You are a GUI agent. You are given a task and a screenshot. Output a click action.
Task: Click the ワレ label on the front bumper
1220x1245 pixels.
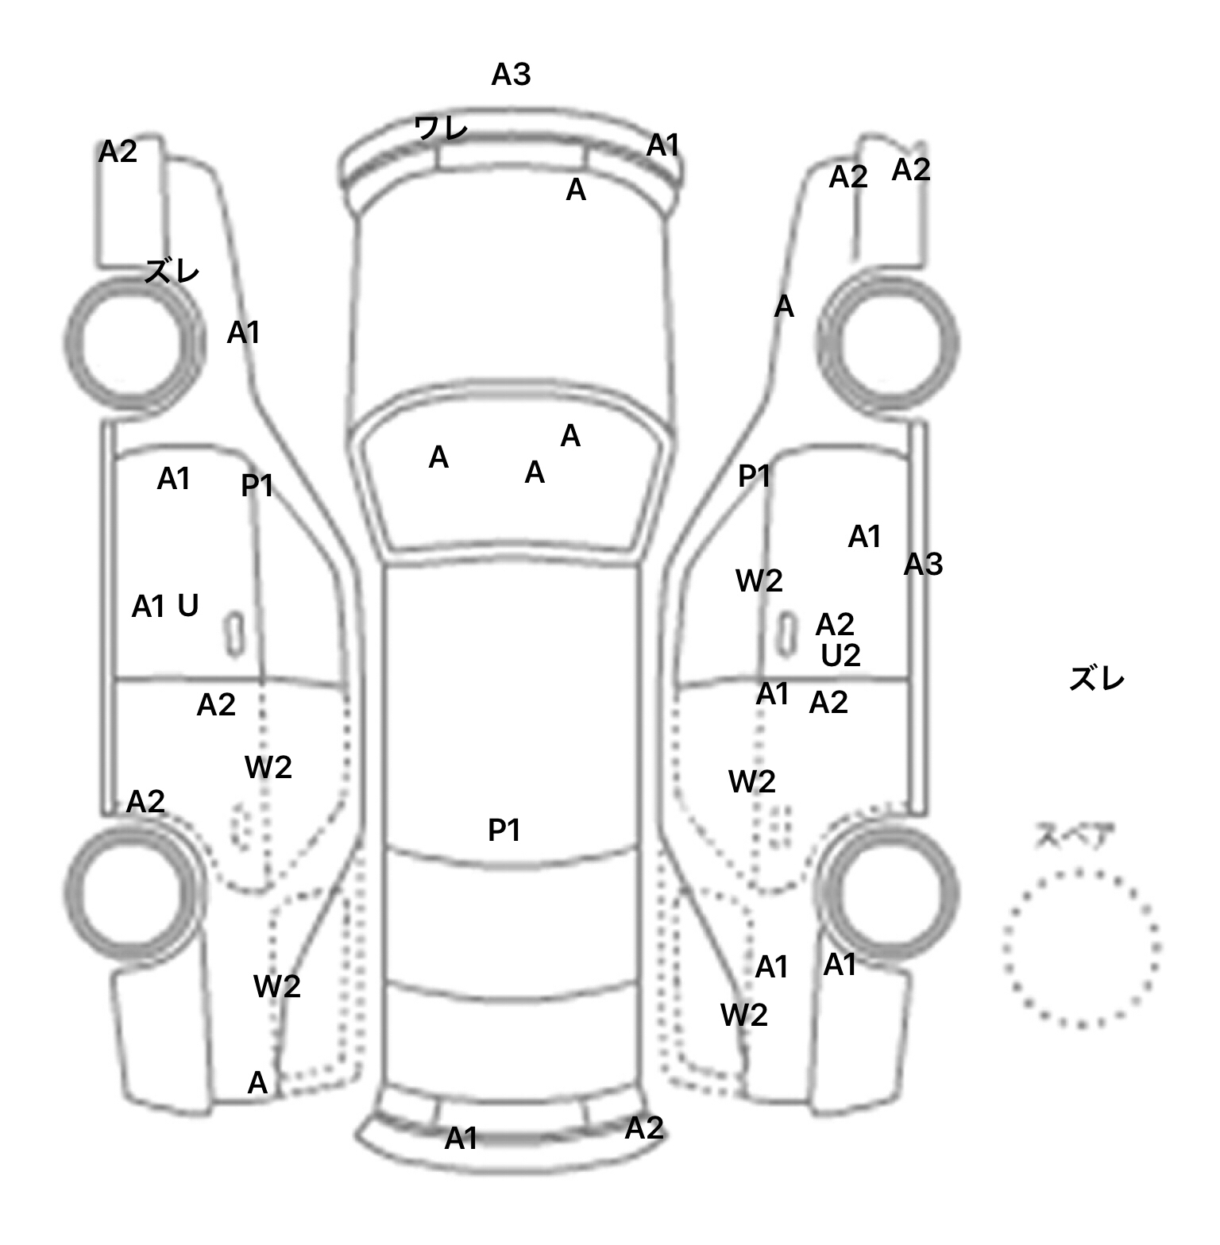coord(441,128)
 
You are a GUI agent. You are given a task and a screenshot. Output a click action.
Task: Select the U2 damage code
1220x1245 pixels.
coord(840,656)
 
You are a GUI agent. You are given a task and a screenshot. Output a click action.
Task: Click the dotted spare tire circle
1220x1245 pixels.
coord(1081,948)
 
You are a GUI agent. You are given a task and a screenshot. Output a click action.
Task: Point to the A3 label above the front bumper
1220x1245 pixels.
coord(511,75)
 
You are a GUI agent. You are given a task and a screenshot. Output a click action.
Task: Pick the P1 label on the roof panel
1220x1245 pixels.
coord(504,831)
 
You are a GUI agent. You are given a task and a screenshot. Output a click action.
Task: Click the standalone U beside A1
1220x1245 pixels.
coord(187,607)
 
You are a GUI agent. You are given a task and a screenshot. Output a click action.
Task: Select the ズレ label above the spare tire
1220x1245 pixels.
coord(1096,680)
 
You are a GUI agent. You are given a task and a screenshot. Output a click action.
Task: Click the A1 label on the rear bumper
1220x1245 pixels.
coord(461,1139)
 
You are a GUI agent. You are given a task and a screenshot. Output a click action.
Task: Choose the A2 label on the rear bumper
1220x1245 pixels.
coord(643,1128)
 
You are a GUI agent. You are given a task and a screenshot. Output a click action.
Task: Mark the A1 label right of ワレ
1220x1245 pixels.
coord(663,146)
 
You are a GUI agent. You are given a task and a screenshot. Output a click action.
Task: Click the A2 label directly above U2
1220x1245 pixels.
coord(835,625)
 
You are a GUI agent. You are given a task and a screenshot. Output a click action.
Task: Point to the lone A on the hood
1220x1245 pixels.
coord(576,190)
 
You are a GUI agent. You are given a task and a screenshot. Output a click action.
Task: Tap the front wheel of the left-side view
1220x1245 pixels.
coord(132,344)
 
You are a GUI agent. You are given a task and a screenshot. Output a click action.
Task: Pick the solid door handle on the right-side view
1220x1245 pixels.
coord(786,634)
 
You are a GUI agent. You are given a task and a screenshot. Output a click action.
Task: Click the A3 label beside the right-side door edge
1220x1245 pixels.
coord(923,565)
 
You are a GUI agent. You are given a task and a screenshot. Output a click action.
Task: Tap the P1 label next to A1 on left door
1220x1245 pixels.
coord(257,485)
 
